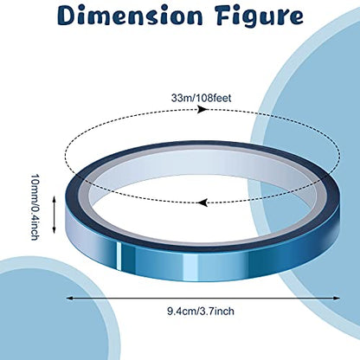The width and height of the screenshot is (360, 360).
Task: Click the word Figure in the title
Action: pos(260,16)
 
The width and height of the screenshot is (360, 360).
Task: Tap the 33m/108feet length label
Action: pos(201,98)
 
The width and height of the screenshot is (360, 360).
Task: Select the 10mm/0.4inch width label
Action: pos(35,207)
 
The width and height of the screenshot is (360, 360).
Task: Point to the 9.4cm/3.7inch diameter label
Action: pos(201,312)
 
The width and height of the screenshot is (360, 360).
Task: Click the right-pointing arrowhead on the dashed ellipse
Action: pos(202,109)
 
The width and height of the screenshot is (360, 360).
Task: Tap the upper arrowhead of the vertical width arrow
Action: pos(54,199)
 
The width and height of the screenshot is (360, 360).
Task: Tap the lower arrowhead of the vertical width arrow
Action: pos(54,229)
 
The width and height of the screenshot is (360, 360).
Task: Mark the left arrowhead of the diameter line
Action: pos(70,299)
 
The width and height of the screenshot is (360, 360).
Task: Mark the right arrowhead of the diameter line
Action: pos(337,299)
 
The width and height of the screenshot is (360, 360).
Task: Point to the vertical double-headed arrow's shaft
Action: pos(54,215)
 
